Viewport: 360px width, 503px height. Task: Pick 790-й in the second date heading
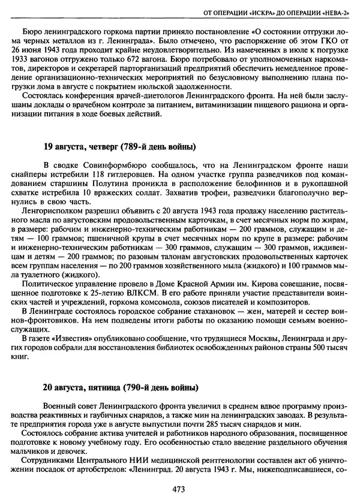[139, 387]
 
